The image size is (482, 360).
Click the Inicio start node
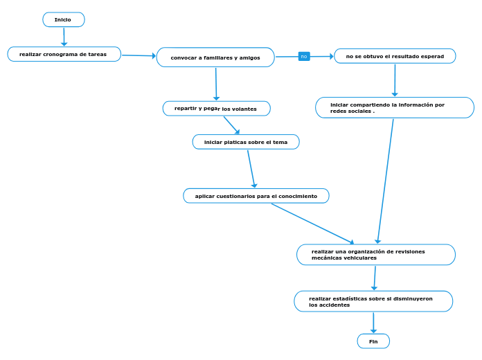coord(64,19)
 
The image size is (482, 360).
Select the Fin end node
coord(373,341)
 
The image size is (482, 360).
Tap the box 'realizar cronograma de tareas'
coord(64,54)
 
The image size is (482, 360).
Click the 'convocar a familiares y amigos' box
coord(215,57)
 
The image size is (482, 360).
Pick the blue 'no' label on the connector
coord(304,56)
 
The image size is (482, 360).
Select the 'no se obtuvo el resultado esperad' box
coord(395,56)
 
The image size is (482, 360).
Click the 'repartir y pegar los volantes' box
coord(216,109)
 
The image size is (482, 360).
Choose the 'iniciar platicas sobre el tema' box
coord(246,142)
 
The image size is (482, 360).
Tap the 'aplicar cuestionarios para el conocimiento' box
coord(256,196)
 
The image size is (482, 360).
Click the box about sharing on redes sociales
coord(395,108)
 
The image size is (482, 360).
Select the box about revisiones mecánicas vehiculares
coord(375,255)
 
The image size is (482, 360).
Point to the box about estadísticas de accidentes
coord(373,301)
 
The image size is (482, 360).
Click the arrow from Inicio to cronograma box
coord(64,37)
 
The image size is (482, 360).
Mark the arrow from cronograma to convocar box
coord(139,55)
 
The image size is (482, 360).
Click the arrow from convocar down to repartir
coord(216,84)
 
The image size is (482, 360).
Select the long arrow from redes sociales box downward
coord(386,180)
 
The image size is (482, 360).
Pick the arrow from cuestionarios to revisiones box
coord(312,223)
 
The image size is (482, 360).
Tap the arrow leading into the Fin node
coord(373,323)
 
